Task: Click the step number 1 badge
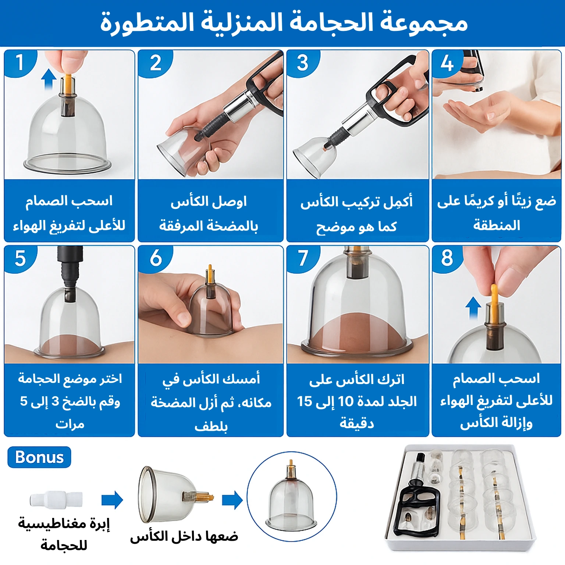click(x=19, y=62)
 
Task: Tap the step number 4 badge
click(x=446, y=62)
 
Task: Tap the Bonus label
click(x=39, y=457)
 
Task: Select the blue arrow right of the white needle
click(x=112, y=500)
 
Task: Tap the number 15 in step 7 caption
click(x=305, y=401)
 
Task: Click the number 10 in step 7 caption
click(x=345, y=401)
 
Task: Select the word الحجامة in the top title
click(x=326, y=23)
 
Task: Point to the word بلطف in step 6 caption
click(x=211, y=427)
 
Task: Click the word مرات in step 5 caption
click(x=70, y=424)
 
